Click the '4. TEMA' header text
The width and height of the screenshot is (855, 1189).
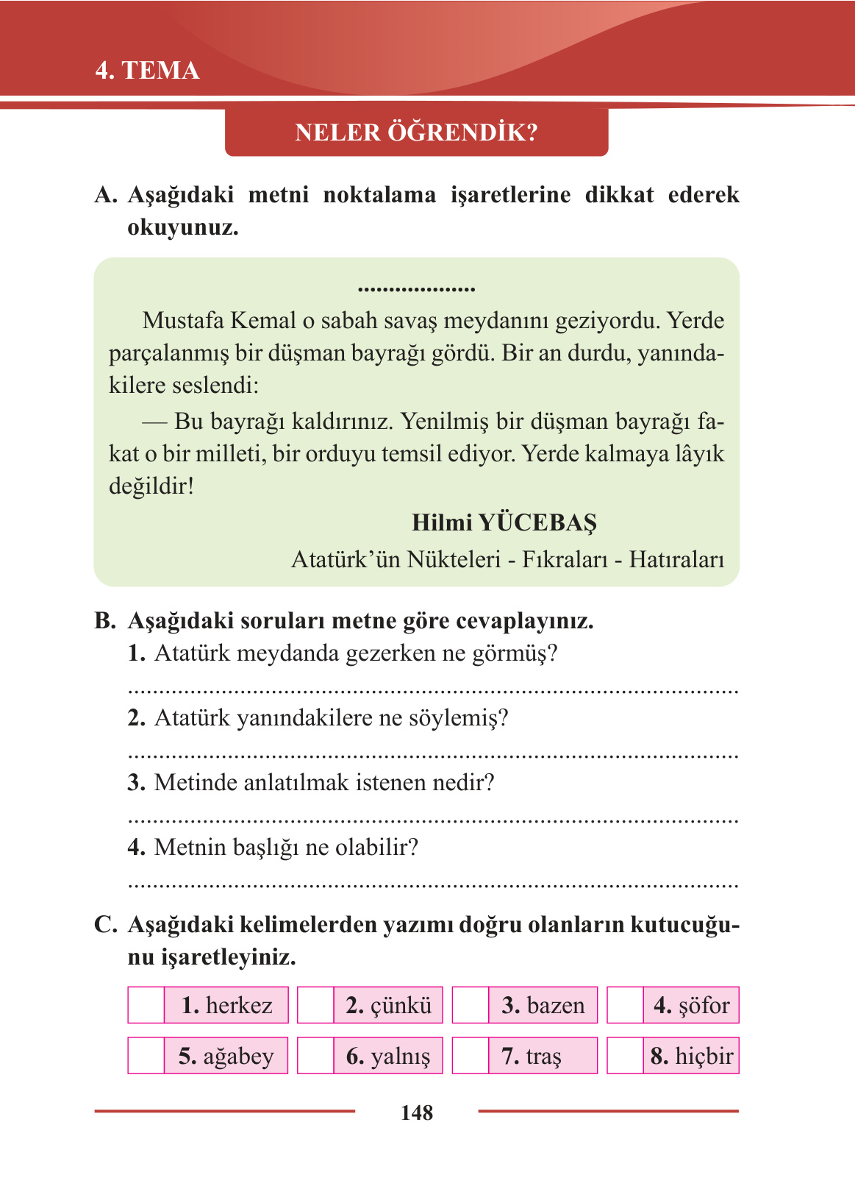(147, 71)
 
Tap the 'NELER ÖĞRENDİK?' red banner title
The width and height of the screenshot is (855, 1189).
(416, 132)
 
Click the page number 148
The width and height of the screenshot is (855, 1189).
(417, 1112)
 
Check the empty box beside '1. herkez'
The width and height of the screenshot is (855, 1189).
(146, 1005)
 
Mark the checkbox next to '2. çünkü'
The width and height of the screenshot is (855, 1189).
(315, 1005)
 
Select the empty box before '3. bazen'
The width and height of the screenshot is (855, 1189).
(471, 1005)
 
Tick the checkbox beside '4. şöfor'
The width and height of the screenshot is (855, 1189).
(625, 1005)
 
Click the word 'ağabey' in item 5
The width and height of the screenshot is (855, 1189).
(238, 1057)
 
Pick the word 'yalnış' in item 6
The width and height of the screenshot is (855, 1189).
(401, 1057)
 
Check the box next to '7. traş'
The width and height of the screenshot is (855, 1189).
(471, 1056)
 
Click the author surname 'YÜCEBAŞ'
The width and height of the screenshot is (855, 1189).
(537, 522)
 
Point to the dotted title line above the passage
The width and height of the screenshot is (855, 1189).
(416, 290)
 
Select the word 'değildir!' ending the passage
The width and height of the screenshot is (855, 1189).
(151, 486)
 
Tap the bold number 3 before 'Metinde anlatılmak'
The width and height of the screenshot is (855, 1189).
(135, 783)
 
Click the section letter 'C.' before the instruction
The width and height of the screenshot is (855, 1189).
(106, 925)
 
